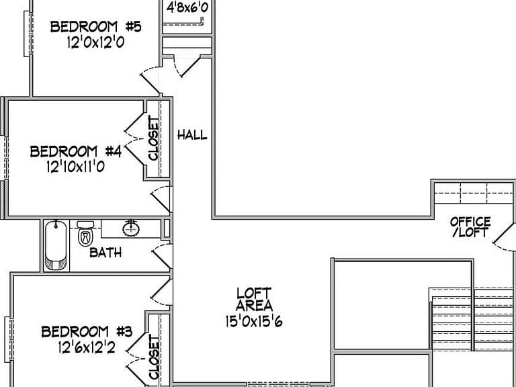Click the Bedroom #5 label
[96, 27]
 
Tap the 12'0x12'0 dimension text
[96, 42]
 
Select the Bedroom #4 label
[76, 151]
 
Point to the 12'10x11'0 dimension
[76, 167]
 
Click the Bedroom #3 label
[87, 332]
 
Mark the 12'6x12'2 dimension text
[87, 347]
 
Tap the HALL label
[192, 134]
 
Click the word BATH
[105, 253]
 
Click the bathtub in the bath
[56, 245]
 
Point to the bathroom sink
[131, 228]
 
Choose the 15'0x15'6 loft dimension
[254, 321]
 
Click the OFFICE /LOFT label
[470, 226]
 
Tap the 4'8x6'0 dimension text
[187, 7]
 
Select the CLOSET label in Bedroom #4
[153, 138]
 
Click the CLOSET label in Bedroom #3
[154, 357]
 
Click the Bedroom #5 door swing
[150, 81]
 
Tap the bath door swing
[162, 257]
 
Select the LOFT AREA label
[254, 300]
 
